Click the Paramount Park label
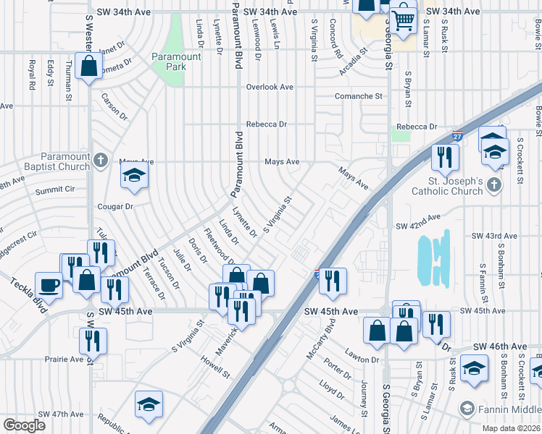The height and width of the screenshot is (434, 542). [x=170, y=62]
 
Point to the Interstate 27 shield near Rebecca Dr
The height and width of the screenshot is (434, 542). [x=457, y=136]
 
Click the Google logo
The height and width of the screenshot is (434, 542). [x=24, y=425]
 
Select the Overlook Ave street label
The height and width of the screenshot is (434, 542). [x=269, y=87]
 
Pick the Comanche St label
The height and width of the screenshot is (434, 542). [x=358, y=96]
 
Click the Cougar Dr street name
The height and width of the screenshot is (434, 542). [x=116, y=206]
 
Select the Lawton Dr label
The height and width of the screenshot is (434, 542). [x=362, y=359]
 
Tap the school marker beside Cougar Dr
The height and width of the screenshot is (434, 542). [x=134, y=175]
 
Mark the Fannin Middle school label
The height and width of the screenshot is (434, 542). [x=507, y=409]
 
